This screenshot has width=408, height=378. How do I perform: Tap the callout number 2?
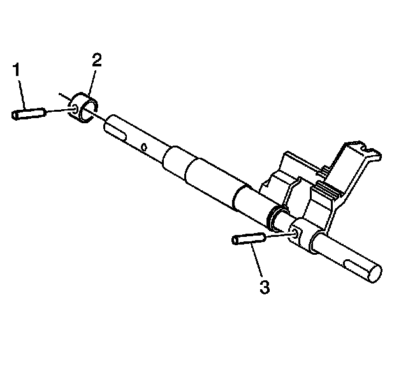tap(97, 60)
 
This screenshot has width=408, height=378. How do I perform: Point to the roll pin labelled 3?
tap(249, 239)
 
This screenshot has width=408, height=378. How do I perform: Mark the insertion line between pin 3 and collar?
tap(278, 236)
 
